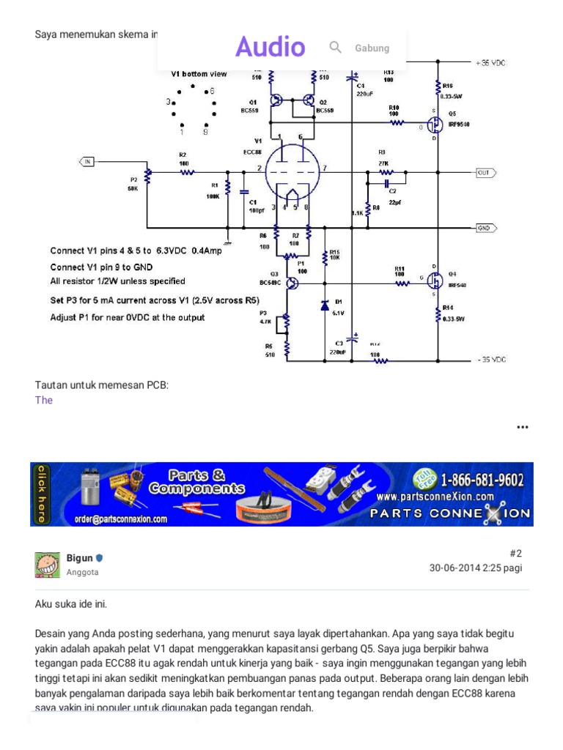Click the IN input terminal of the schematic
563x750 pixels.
(x=86, y=160)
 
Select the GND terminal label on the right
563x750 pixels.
(x=485, y=227)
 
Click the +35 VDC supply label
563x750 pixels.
(x=490, y=64)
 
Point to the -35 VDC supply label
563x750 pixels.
(x=490, y=360)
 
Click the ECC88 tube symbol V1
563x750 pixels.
(x=292, y=170)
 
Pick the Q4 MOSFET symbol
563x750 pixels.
(x=433, y=281)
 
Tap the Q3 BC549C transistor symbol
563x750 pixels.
(x=292, y=283)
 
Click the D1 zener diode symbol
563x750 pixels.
(x=324, y=305)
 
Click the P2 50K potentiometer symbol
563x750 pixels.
(x=147, y=176)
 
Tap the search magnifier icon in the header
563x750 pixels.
(x=336, y=48)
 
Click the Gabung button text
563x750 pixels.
(x=372, y=48)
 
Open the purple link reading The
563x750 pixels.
(x=44, y=400)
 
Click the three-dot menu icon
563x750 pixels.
(x=522, y=427)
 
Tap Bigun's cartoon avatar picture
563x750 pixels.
(x=47, y=565)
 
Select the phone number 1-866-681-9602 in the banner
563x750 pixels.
(x=482, y=480)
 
